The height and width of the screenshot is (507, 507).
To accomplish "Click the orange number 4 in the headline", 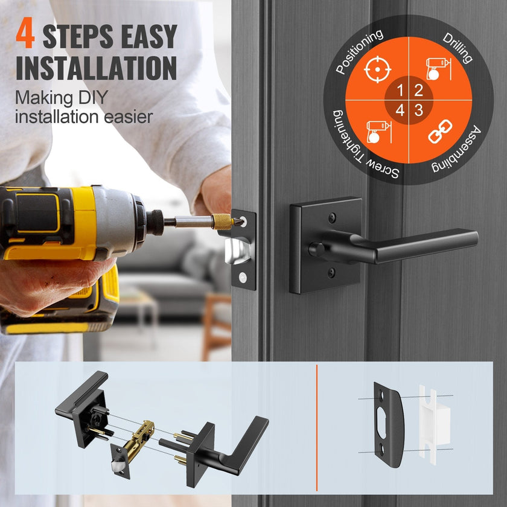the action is pos(25,33).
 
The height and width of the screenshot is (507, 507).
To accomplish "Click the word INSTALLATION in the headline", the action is pos(97,68).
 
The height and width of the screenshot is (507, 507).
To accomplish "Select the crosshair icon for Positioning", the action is pos(377,69).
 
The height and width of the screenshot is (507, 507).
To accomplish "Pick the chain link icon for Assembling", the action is pos(440,131).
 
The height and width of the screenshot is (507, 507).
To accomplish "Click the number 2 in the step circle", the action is pos(418,90).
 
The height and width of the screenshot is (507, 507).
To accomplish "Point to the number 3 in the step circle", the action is pos(418,110).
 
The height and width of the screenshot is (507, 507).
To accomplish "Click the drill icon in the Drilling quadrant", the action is pos(438,69).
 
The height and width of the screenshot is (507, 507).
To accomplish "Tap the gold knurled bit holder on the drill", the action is pos(222,222).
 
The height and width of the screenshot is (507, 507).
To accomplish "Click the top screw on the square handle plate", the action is pos(332,218).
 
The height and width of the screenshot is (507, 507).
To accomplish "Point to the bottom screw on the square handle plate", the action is pos(331,273).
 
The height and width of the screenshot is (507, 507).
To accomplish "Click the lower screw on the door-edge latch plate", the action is pos(243,277).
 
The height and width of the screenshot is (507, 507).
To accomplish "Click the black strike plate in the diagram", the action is pos(389,425).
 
